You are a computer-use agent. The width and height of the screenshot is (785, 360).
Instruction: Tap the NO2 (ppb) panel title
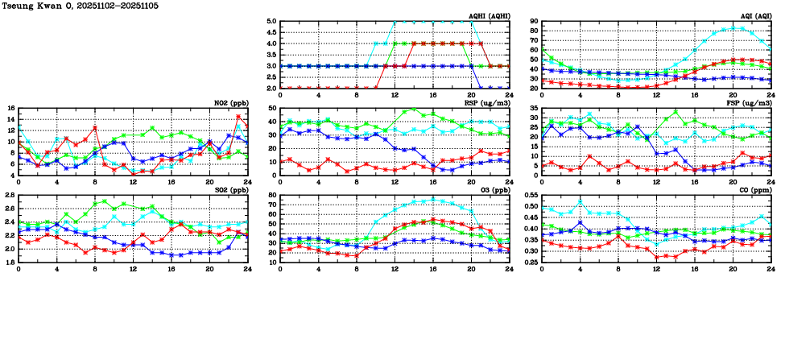coord(231,103)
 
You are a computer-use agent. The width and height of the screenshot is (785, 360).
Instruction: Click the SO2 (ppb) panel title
coord(231,190)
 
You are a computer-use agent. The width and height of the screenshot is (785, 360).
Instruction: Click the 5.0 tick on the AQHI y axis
coord(271,22)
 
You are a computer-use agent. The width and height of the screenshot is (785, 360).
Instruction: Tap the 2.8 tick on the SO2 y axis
coord(9,196)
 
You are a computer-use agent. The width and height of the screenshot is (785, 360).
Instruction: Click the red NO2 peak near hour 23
coord(238,116)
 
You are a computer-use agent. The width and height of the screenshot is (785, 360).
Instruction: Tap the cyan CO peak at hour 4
coord(580,201)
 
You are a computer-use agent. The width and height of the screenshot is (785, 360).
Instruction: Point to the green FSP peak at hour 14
coord(676,112)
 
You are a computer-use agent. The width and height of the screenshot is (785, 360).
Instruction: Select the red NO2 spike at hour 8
coord(95,127)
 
